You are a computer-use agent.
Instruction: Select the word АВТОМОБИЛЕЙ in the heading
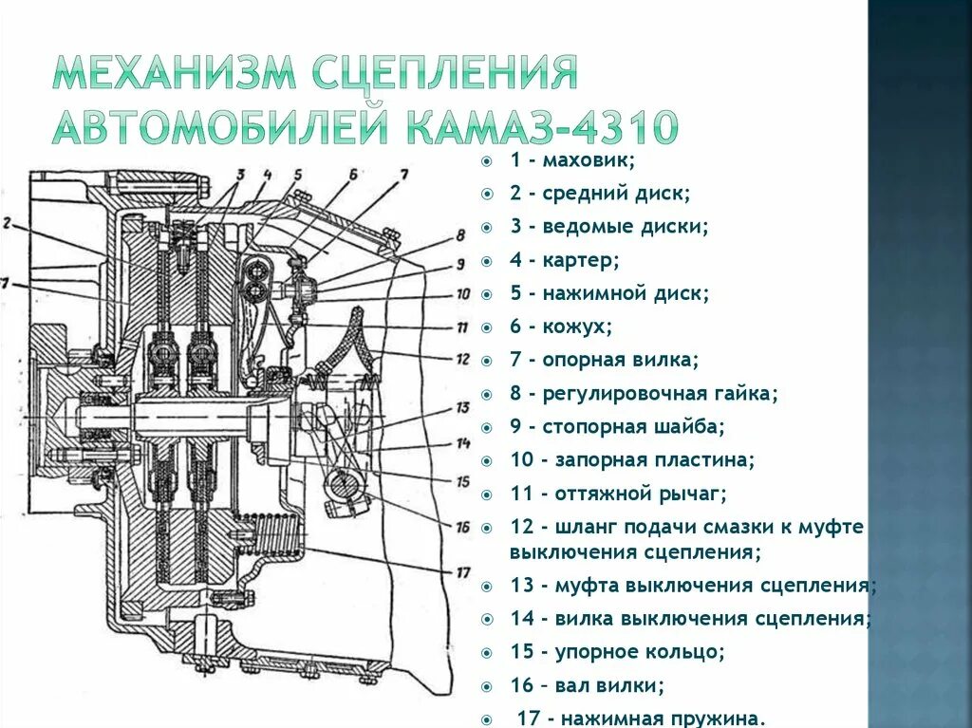point(222,127)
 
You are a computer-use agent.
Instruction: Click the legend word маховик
point(589,160)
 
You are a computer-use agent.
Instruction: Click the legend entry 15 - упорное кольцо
point(618,651)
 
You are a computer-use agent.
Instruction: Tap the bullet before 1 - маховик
point(486,161)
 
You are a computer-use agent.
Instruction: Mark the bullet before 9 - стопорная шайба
point(486,427)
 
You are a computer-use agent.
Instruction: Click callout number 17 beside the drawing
point(463,571)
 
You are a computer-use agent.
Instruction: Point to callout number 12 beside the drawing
point(462,360)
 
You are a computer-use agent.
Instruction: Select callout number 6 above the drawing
point(352,174)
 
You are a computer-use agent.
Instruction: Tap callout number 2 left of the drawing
point(7,224)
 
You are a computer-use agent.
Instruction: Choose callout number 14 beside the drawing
point(462,443)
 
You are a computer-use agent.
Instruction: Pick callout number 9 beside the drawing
point(460,264)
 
